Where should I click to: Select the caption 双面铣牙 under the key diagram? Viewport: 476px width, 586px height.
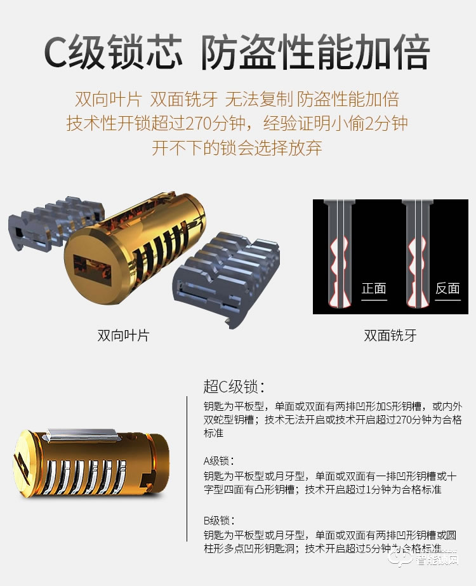[x=390, y=335]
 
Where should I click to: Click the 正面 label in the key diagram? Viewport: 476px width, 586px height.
[x=374, y=288]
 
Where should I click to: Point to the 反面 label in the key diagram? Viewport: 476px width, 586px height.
[x=447, y=288]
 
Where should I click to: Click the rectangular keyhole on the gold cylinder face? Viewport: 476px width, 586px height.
[x=89, y=267]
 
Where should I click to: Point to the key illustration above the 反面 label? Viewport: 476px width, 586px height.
[x=416, y=254]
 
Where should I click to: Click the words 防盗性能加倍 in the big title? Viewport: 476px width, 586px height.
[x=315, y=53]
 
